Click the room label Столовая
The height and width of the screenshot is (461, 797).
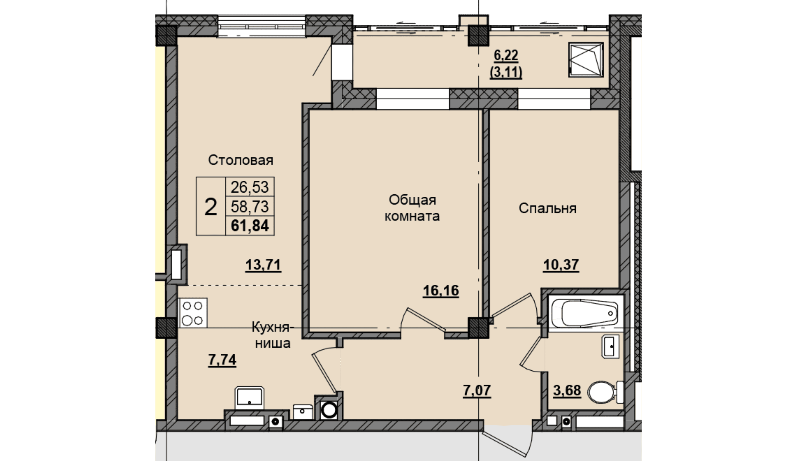[x=240, y=160]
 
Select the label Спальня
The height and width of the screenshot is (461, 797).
[x=548, y=208]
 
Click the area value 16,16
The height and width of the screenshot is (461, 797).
[x=441, y=291]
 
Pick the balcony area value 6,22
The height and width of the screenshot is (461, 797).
[x=506, y=56]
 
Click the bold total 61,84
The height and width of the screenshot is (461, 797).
[x=250, y=226]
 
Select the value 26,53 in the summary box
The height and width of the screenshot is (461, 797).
[x=249, y=187]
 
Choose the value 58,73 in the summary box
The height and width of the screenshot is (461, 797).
[x=249, y=206]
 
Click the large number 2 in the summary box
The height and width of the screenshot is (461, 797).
[x=211, y=207]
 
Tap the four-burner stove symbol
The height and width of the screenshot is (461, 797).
[x=193, y=313]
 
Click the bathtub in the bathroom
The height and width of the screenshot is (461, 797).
[x=585, y=314]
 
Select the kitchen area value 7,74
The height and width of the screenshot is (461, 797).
[x=222, y=360]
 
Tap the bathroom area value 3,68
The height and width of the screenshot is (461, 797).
[x=567, y=390]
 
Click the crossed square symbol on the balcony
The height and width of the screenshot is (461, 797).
[x=586, y=60]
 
